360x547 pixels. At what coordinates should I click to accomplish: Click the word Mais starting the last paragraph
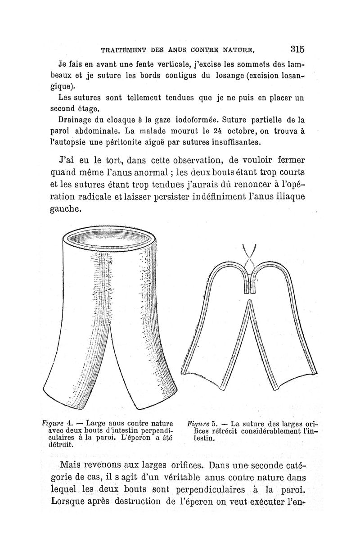point(75,465)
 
